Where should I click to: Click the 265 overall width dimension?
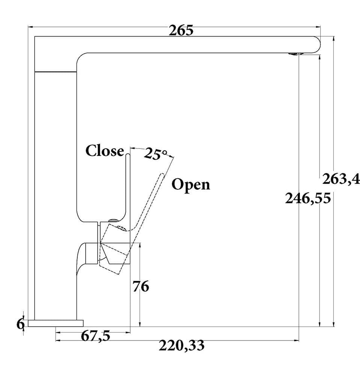click(x=181, y=30)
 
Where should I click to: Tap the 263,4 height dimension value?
click(x=341, y=179)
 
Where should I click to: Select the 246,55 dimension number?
click(x=308, y=198)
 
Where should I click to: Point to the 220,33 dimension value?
click(x=182, y=345)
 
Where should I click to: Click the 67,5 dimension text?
click(x=95, y=336)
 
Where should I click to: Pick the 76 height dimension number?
click(x=141, y=286)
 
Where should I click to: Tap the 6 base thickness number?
click(x=20, y=324)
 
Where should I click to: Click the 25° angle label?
click(x=155, y=153)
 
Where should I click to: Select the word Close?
click(x=105, y=151)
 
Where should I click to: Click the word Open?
click(x=191, y=184)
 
